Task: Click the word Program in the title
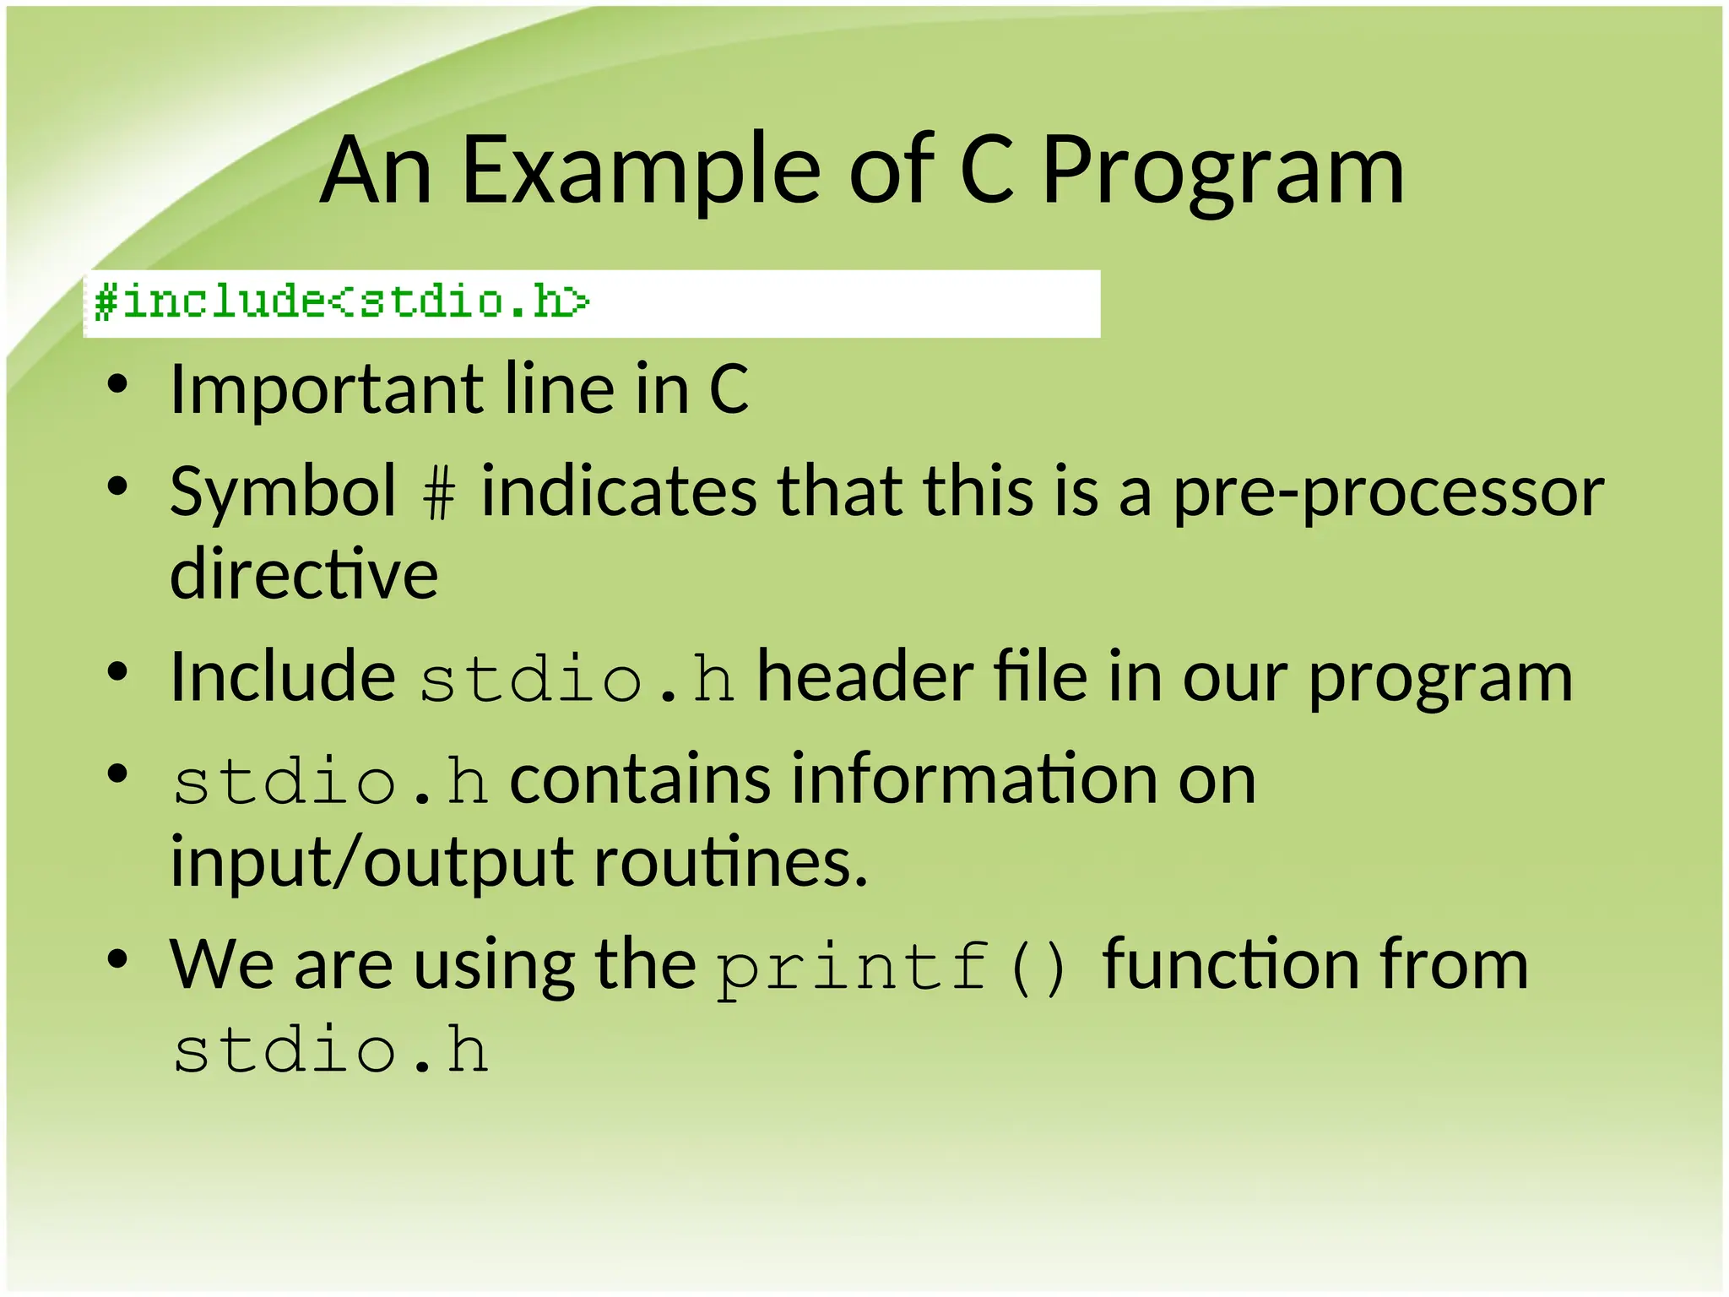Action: [x=1222, y=172]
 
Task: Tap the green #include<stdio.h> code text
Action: [x=341, y=301]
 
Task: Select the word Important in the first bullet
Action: [x=325, y=390]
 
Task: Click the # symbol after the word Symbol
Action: [x=439, y=493]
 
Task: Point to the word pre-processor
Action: [x=1388, y=493]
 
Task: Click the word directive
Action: [x=304, y=574]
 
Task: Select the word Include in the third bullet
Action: [x=282, y=677]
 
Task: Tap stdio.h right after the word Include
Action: [x=577, y=680]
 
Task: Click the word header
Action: [x=864, y=677]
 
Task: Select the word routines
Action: [x=731, y=863]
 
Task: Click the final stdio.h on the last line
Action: [x=330, y=1050]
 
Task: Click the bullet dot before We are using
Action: [x=117, y=960]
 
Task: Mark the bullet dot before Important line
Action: [x=117, y=385]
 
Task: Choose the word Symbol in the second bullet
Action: [x=282, y=493]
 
